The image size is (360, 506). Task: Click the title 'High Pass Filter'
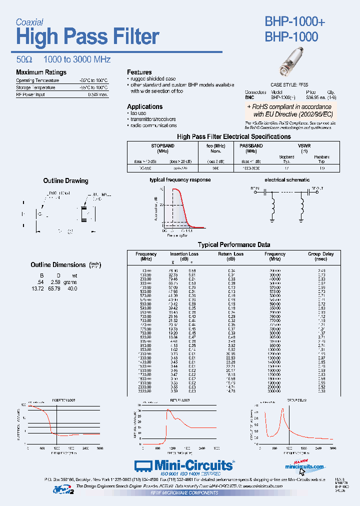pyautogui.click(x=87, y=37)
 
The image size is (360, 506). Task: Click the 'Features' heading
pyautogui.click(x=139, y=72)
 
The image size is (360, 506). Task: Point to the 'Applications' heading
pyautogui.click(x=144, y=106)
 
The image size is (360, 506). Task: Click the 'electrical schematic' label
pyautogui.click(x=287, y=179)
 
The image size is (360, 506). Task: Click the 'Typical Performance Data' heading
pyautogui.click(x=234, y=244)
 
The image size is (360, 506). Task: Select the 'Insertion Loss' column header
pyautogui.click(x=184, y=254)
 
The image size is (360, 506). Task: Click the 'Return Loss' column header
pyautogui.click(x=230, y=254)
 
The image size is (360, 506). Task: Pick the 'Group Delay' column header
pyautogui.click(x=320, y=254)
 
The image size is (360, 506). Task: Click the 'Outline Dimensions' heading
pyautogui.click(x=58, y=264)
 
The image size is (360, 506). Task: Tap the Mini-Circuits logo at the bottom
pyautogui.click(x=184, y=465)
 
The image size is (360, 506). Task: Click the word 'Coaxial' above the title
pyautogui.click(x=29, y=22)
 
